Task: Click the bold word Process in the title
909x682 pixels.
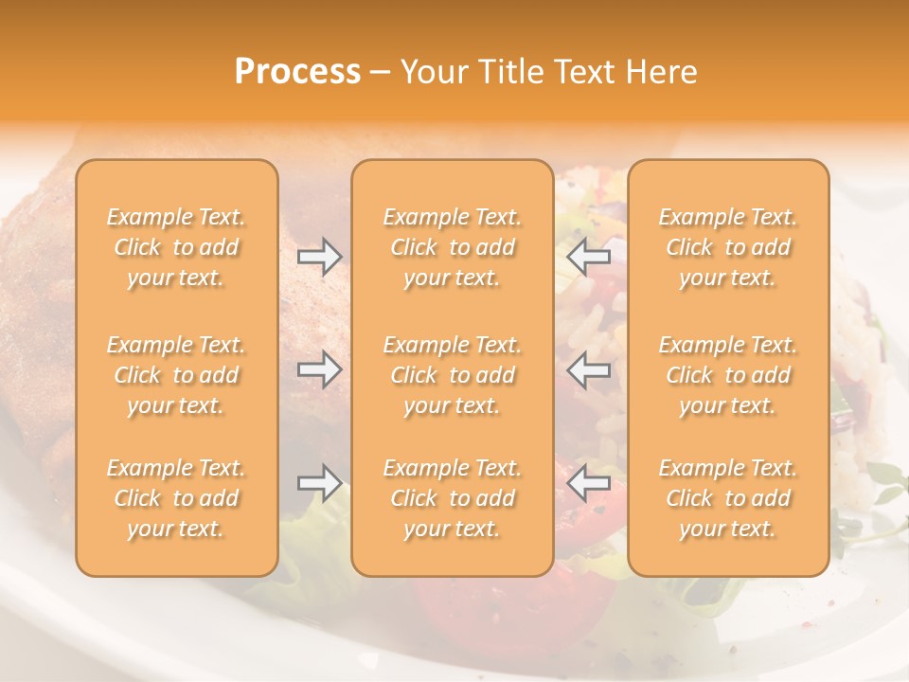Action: click(x=297, y=72)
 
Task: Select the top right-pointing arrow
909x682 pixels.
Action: click(x=319, y=257)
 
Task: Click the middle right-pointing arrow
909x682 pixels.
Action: click(x=319, y=369)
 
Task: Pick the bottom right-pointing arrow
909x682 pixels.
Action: click(x=319, y=483)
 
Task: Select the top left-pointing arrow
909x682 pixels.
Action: click(x=589, y=257)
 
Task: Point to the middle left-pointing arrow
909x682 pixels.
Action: click(x=589, y=369)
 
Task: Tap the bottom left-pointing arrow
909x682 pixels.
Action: click(x=589, y=483)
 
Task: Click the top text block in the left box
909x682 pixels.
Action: click(x=176, y=247)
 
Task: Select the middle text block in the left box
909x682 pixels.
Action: click(x=176, y=375)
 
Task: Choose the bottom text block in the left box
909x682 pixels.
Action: click(x=176, y=498)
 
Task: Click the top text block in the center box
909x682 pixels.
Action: click(x=452, y=247)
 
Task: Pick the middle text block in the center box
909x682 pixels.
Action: click(x=452, y=375)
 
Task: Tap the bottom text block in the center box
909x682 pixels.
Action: click(x=452, y=498)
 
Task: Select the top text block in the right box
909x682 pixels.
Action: click(x=727, y=247)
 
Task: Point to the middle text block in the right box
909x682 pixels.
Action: click(x=727, y=375)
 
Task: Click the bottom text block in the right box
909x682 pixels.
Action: click(x=727, y=498)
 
